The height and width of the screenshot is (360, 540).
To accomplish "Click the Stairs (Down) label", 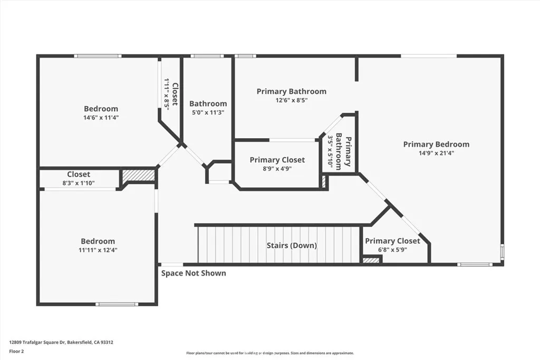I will pyautogui.click(x=291, y=246).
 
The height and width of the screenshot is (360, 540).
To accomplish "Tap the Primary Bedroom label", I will pyautogui.click(x=436, y=144).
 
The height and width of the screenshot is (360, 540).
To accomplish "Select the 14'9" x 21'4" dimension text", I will pyautogui.click(x=436, y=153).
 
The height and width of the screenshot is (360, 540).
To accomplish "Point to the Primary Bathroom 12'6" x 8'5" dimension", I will pyautogui.click(x=291, y=100).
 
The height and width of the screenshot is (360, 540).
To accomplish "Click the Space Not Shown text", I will pyautogui.click(x=194, y=273).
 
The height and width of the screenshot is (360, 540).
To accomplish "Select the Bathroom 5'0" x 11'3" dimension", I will pyautogui.click(x=208, y=112).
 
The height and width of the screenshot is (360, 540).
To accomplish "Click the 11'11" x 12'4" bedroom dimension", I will pyautogui.click(x=98, y=250).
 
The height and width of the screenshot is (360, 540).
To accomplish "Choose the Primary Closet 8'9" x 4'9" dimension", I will pyautogui.click(x=277, y=169).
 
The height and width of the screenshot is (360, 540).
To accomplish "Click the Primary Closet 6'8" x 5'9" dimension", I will pyautogui.click(x=392, y=250).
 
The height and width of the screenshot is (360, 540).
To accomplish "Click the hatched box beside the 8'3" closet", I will pyautogui.click(x=138, y=176).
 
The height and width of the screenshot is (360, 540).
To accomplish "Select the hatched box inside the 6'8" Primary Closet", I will pyautogui.click(x=372, y=259).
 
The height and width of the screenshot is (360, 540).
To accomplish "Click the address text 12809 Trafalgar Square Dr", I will pyautogui.click(x=61, y=342).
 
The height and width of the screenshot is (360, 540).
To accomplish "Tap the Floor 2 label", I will pyautogui.click(x=17, y=351).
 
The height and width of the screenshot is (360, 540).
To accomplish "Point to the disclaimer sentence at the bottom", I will pyautogui.click(x=269, y=353).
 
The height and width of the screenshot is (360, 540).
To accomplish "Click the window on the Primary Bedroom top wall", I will pyautogui.click(x=428, y=56).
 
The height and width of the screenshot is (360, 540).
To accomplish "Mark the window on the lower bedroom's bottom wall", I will pyautogui.click(x=117, y=304).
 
